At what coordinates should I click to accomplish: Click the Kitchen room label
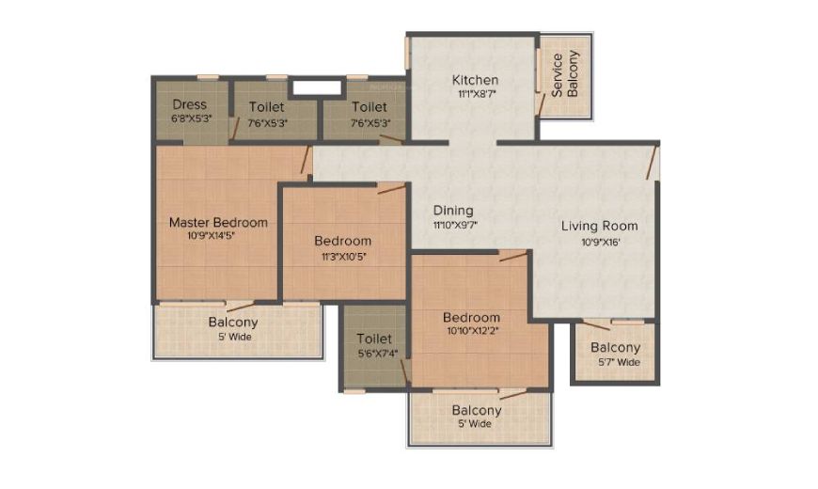[475, 80]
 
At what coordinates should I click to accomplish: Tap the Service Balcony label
[565, 73]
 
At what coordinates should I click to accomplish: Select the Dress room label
[189, 104]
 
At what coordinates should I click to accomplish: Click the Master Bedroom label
[218, 222]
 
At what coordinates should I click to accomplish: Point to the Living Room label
[600, 226]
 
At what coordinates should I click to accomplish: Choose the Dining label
[453, 211]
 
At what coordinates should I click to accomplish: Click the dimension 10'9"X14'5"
[211, 236]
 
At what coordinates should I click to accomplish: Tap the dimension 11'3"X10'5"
[344, 256]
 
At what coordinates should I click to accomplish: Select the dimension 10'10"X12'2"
[473, 330]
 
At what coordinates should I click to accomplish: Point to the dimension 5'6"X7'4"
[378, 353]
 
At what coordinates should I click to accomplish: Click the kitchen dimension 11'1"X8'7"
[477, 94]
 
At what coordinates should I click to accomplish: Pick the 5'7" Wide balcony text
[619, 362]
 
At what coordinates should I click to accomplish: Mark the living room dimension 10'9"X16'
[601, 243]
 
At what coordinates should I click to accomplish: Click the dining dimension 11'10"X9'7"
[455, 226]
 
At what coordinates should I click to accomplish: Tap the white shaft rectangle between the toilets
[317, 87]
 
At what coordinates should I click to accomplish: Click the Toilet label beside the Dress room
[267, 107]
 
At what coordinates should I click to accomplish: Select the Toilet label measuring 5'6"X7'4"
[374, 339]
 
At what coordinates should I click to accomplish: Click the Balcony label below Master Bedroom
[233, 323]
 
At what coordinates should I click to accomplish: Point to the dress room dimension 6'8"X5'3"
[192, 118]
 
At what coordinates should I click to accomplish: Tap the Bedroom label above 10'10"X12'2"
[472, 317]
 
